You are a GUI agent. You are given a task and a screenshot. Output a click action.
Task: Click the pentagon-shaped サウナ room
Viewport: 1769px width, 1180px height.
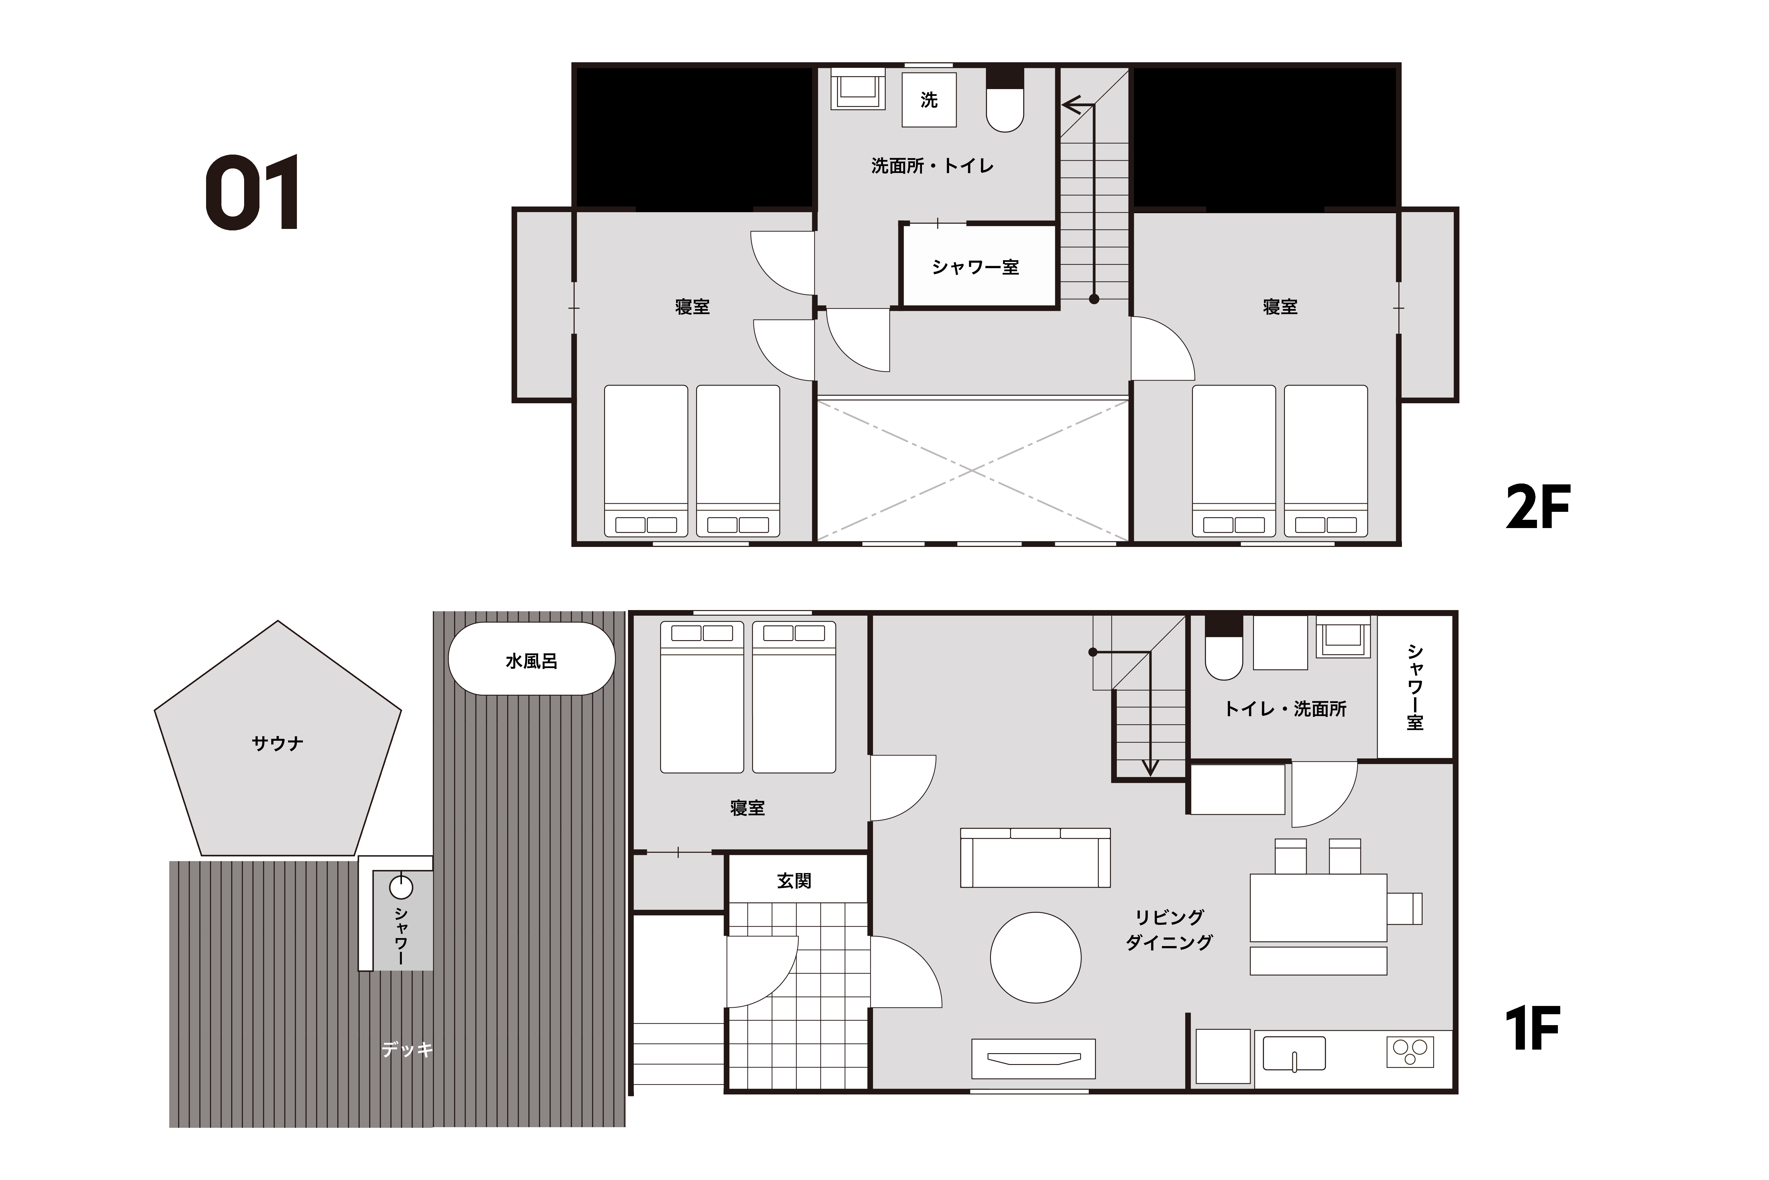[x=277, y=741]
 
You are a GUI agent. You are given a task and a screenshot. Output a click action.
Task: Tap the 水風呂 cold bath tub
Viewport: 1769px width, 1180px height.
[x=532, y=658]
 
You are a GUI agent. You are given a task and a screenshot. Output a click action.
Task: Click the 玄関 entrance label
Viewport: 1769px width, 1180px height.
[x=794, y=881]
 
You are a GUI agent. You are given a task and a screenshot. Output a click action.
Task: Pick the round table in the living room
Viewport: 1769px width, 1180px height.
[x=1036, y=957]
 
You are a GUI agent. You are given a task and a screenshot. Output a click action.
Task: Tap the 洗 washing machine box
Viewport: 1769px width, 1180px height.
[x=929, y=99]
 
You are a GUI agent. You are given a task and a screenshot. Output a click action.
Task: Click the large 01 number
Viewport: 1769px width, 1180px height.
[x=253, y=193]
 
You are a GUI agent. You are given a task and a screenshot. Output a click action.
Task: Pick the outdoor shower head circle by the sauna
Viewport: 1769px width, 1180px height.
[x=402, y=887]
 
